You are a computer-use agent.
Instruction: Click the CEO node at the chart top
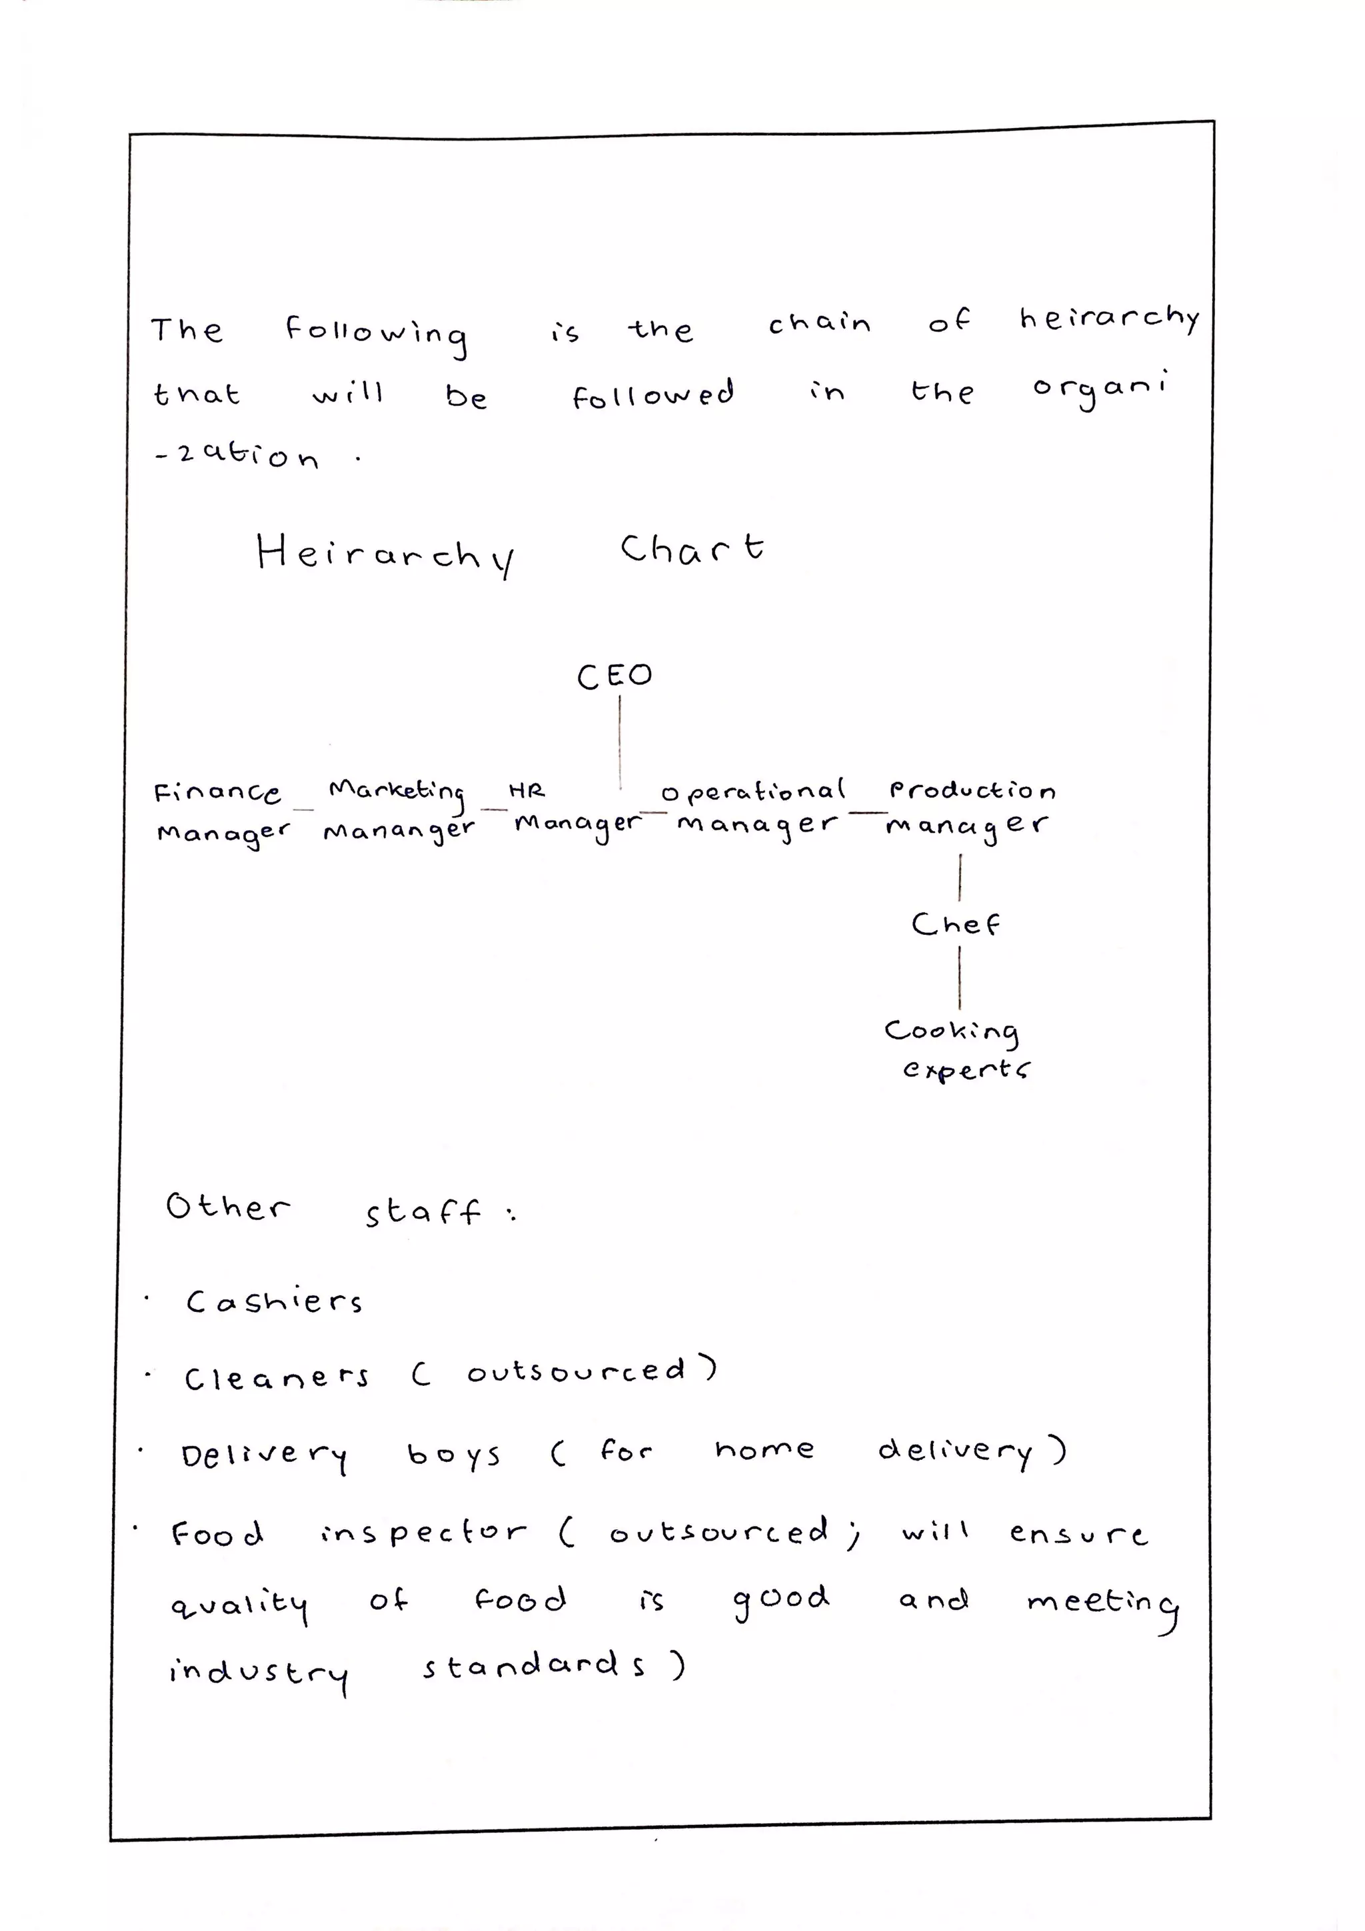614,676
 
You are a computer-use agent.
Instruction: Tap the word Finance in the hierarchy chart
217,792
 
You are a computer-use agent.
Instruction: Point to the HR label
527,790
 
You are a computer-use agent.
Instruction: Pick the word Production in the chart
971,790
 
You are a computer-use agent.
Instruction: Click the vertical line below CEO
621,740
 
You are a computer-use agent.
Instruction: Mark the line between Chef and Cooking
960,977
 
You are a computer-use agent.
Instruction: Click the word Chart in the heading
692,548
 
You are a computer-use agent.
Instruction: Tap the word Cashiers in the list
274,1301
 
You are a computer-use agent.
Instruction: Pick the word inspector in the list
423,1533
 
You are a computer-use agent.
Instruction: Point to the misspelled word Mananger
399,831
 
